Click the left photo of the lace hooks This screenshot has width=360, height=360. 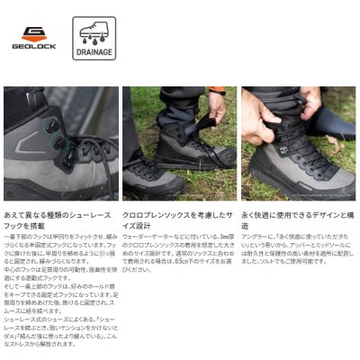coord(61,144)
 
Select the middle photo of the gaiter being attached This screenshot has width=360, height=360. coord(179,144)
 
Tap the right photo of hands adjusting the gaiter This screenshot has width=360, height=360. coord(298,144)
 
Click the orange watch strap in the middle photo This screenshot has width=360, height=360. coord(216,91)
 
